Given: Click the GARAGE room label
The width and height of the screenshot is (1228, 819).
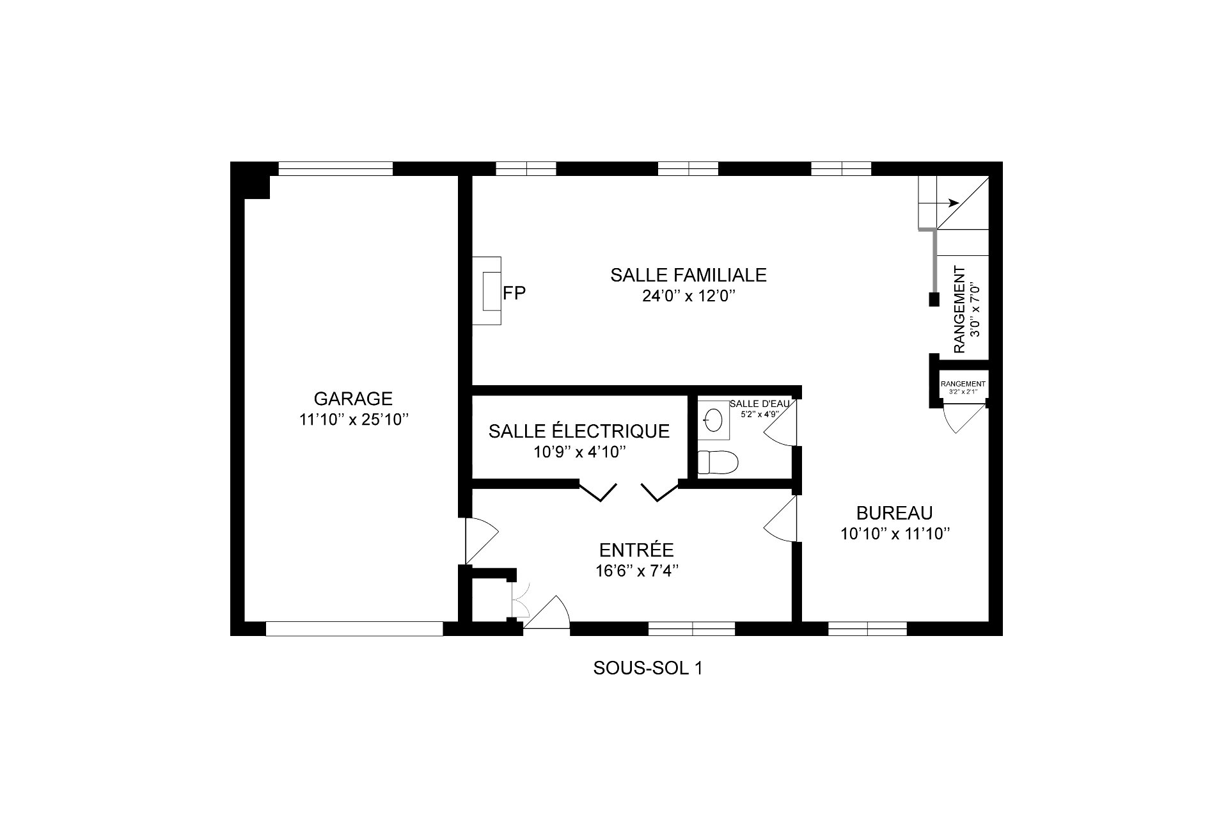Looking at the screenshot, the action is tap(353, 399).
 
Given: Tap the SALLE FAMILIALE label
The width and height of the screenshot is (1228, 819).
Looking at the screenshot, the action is tap(688, 274).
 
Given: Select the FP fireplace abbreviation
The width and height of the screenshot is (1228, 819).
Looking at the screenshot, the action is tap(514, 293).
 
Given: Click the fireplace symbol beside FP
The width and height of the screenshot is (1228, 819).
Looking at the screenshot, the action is tap(487, 291).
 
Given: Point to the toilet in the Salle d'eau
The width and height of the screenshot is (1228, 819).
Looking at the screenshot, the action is tap(718, 461).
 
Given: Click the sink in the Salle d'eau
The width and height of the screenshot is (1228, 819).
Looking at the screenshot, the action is tap(714, 420).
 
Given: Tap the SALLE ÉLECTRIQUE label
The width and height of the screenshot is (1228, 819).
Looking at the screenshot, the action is tap(579, 431).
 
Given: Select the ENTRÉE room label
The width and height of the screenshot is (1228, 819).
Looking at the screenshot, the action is tap(636, 550).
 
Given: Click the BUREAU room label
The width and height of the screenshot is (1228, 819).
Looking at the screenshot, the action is tap(894, 513).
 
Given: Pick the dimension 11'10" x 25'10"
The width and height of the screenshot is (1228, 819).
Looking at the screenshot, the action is tap(353, 420).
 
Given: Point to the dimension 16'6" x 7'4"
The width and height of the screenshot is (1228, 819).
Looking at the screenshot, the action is tap(636, 571).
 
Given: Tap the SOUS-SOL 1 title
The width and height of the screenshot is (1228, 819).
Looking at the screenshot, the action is tap(648, 669).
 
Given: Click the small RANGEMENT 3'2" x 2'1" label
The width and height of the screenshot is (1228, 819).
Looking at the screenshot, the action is tap(963, 386).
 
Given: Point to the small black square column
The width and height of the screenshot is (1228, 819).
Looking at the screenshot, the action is tap(934, 299).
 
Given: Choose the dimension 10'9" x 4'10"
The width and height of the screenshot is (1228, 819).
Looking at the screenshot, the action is tap(579, 452).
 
